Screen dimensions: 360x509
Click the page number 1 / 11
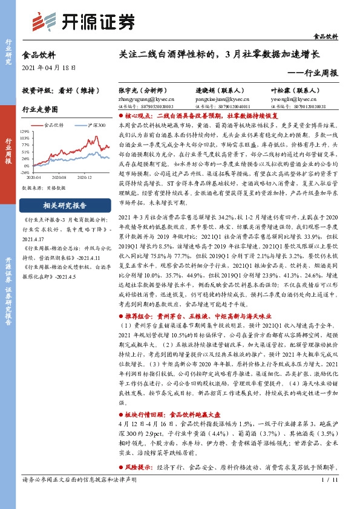(330, 497)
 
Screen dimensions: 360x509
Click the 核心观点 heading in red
(140, 114)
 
